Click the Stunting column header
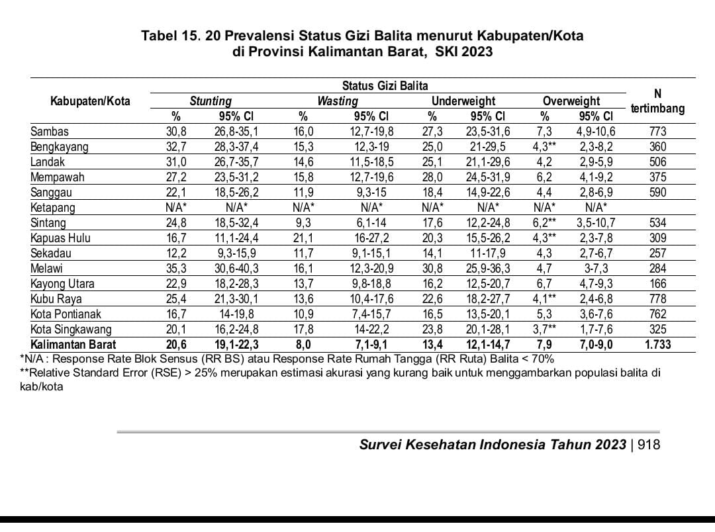pyautogui.click(x=211, y=101)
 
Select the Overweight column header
pyautogui.click(x=571, y=101)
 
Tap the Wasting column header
pyautogui.click(x=338, y=101)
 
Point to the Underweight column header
pyautogui.click(x=463, y=101)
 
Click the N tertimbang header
pyautogui.click(x=657, y=101)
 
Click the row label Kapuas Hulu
pyautogui.click(x=60, y=238)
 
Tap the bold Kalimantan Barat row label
pyautogui.click(x=73, y=345)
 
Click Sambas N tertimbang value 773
pyautogui.click(x=658, y=132)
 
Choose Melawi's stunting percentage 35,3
pyautogui.click(x=176, y=269)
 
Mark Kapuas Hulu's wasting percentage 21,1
pyautogui.click(x=303, y=238)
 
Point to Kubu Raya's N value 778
pyautogui.click(x=658, y=299)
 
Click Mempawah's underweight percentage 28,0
pyautogui.click(x=432, y=177)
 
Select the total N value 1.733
pyautogui.click(x=658, y=345)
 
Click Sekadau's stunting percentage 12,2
pyautogui.click(x=176, y=253)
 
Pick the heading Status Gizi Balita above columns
pyautogui.click(x=385, y=86)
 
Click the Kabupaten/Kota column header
pyautogui.click(x=90, y=101)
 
